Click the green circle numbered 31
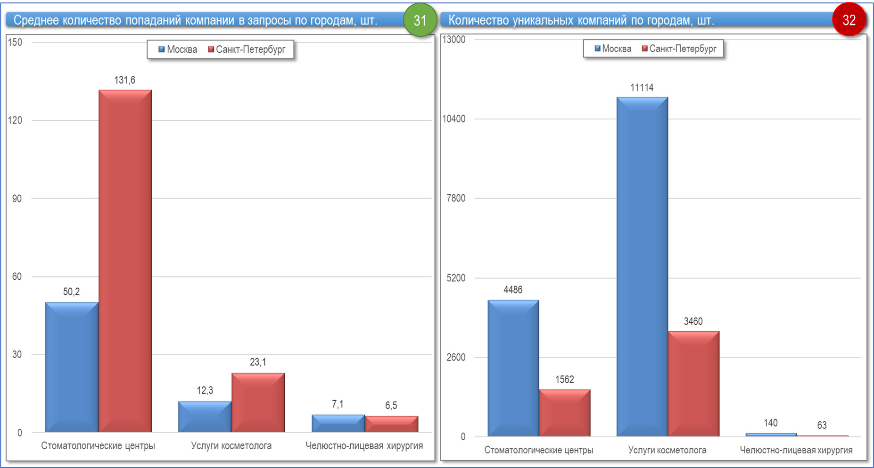click(420, 20)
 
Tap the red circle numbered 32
click(849, 20)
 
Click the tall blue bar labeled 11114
click(642, 267)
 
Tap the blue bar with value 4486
click(513, 368)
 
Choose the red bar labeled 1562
click(564, 412)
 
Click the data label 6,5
click(391, 405)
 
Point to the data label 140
click(771, 423)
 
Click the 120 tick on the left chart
click(15, 120)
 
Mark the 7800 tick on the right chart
click(456, 198)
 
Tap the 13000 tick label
click(453, 40)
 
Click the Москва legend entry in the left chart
click(178, 50)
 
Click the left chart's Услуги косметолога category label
click(231, 445)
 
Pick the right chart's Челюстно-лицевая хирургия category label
click(796, 450)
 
